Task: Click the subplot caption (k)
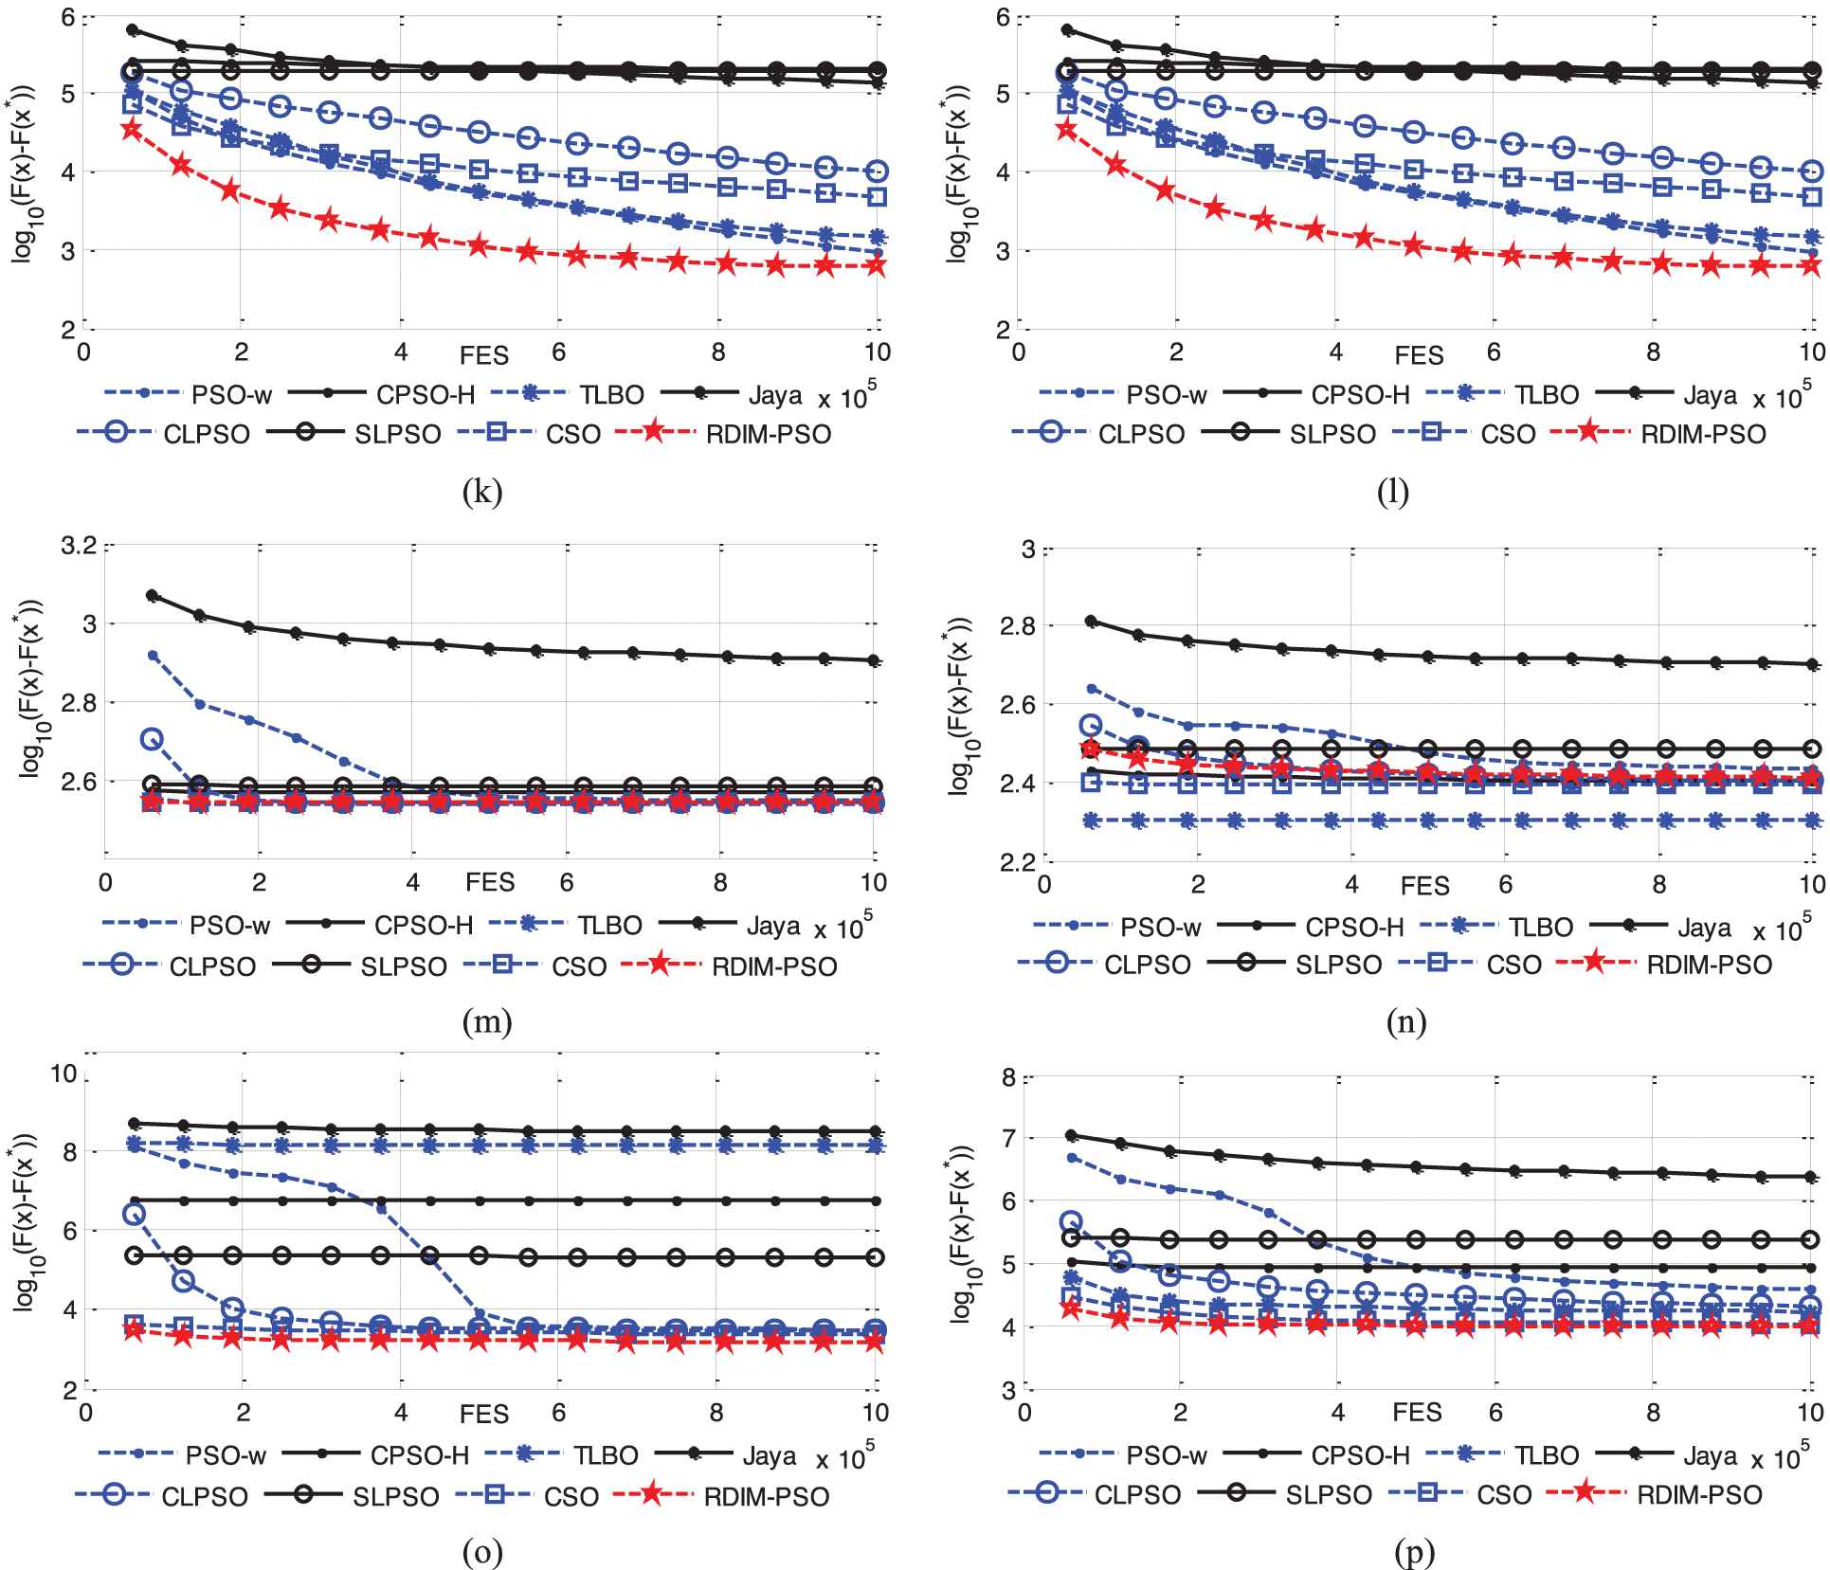[482, 492]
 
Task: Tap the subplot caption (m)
[487, 1021]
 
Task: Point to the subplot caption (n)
[1405, 1021]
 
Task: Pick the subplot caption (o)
[482, 1551]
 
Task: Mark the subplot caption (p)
[1415, 1551]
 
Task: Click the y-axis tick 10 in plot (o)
[64, 1074]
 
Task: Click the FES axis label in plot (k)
[484, 355]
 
